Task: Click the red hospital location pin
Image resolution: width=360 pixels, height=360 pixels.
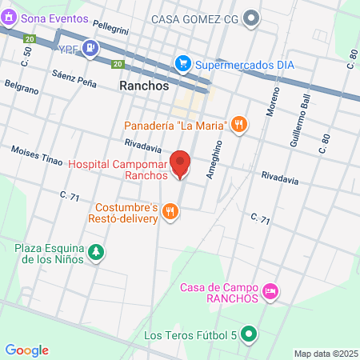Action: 181,162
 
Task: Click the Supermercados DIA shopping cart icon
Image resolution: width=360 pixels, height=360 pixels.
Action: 183,62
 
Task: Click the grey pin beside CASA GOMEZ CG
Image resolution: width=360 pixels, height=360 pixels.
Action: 253,17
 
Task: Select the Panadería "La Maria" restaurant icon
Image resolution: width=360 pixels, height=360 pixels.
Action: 238,124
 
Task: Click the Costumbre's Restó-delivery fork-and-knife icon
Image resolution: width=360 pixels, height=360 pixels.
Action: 170,211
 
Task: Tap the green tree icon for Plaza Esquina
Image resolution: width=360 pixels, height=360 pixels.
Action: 96,253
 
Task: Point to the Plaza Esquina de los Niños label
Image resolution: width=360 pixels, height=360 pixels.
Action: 50,254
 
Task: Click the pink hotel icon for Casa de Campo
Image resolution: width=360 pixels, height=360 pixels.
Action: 270,293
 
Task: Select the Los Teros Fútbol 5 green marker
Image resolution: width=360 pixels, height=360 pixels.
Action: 249,334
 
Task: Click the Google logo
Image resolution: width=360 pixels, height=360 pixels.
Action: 27,350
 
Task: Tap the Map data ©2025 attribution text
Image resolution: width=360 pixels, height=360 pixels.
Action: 324,354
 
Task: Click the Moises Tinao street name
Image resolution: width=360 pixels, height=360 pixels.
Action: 37,155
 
